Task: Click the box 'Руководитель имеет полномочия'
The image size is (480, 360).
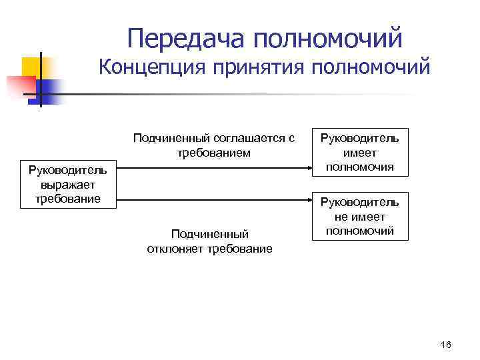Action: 360,153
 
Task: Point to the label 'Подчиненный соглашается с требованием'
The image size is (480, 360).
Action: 213,145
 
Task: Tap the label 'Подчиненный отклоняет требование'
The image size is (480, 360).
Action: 209,241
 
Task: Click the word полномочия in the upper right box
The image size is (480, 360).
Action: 360,167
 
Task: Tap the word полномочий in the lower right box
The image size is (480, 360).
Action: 360,231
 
